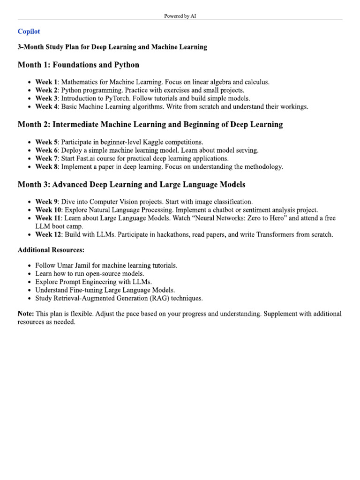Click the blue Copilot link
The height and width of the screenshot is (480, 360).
tap(29, 31)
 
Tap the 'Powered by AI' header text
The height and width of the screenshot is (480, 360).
tap(180, 16)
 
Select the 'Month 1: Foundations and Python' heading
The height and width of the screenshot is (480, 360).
tap(78, 65)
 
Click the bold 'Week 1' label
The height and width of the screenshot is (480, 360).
tap(46, 82)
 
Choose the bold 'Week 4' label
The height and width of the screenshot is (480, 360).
tap(46, 107)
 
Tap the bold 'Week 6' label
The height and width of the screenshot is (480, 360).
tap(46, 150)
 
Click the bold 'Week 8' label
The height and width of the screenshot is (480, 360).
tap(46, 167)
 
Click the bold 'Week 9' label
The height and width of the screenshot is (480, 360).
tap(46, 202)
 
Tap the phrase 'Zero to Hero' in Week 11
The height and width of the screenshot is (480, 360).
tap(270, 218)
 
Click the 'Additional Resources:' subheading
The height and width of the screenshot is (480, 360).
tap(51, 250)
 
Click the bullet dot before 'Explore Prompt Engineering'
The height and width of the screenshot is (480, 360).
tap(30, 282)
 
